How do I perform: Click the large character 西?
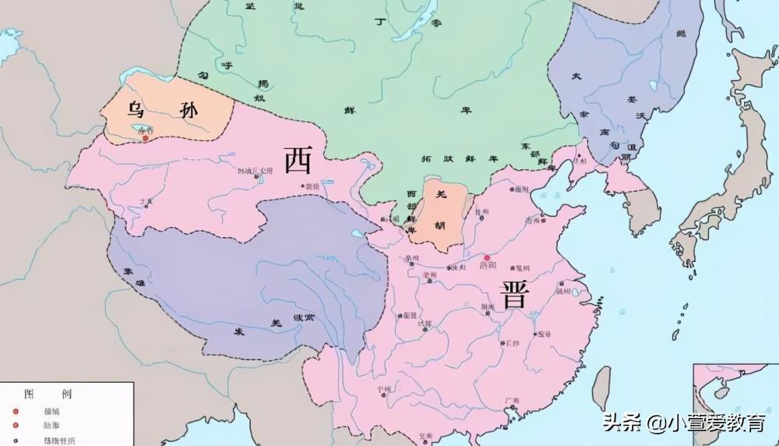click(298, 161)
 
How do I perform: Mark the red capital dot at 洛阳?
click(488, 257)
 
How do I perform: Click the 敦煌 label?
click(311, 186)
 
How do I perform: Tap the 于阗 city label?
click(146, 201)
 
